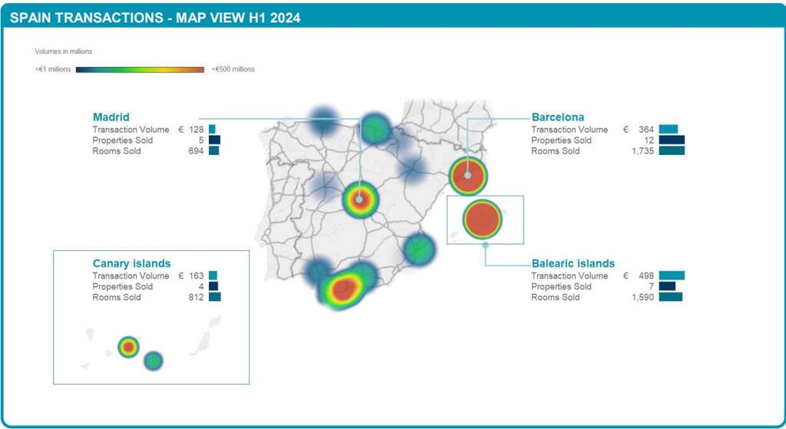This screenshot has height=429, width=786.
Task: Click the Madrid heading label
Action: point(111,117)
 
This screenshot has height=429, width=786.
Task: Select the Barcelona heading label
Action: point(557,117)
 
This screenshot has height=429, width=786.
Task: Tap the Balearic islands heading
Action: point(573,263)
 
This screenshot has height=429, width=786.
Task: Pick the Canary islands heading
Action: point(131,263)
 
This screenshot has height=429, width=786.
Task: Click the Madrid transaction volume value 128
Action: point(195,130)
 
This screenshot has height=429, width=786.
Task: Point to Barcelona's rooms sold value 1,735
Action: point(639,151)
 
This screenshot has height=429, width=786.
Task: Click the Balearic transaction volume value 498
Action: point(644,276)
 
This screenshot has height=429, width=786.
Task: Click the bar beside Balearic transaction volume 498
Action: point(671,276)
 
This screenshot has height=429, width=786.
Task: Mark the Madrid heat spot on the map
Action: point(359,200)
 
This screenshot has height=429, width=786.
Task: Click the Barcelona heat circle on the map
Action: point(467,176)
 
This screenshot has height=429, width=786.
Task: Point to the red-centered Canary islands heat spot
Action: point(128,347)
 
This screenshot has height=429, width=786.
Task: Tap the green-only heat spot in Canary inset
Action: point(154,360)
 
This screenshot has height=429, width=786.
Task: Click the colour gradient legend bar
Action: point(140,69)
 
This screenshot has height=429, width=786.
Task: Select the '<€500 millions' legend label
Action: point(233,69)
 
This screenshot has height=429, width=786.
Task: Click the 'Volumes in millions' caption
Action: point(64,51)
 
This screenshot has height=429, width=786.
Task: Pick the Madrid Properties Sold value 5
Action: point(200,140)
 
